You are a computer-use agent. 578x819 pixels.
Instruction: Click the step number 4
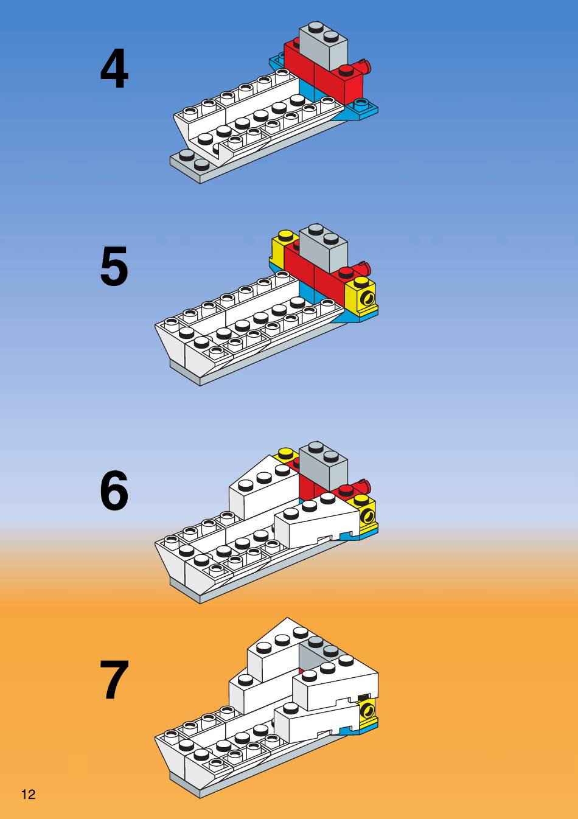(114, 68)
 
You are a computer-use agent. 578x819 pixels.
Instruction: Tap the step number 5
(114, 266)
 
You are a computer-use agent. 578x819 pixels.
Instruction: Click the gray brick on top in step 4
(323, 46)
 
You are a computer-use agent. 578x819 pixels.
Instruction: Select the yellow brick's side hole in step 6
(367, 516)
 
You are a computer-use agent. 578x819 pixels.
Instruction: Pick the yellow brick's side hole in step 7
(366, 711)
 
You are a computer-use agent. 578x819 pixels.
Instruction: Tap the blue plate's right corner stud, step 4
(360, 102)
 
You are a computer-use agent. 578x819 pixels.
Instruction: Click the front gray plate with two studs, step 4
(190, 164)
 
